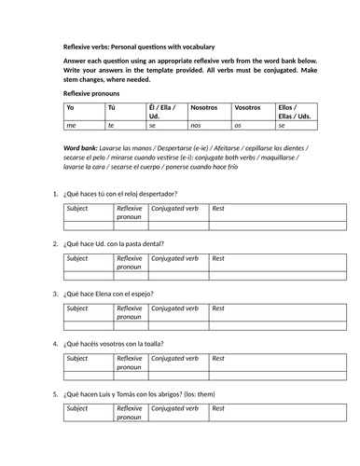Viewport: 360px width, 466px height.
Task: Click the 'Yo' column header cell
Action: pos(70,108)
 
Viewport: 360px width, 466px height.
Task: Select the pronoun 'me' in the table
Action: pos(70,124)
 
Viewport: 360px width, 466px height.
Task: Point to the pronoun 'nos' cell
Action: pos(196,124)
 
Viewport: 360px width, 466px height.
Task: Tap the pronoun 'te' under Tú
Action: pos(113,124)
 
